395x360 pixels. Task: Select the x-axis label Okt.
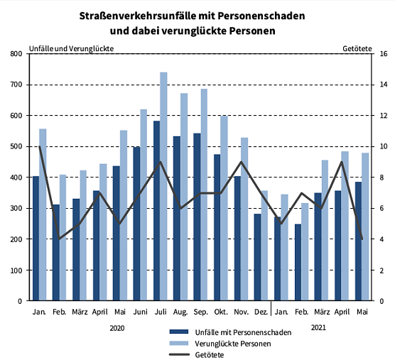[x=220, y=312]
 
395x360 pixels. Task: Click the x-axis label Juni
[x=140, y=312]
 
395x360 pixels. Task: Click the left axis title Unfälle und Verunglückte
[x=71, y=48]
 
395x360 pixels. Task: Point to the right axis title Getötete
[x=357, y=48]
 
